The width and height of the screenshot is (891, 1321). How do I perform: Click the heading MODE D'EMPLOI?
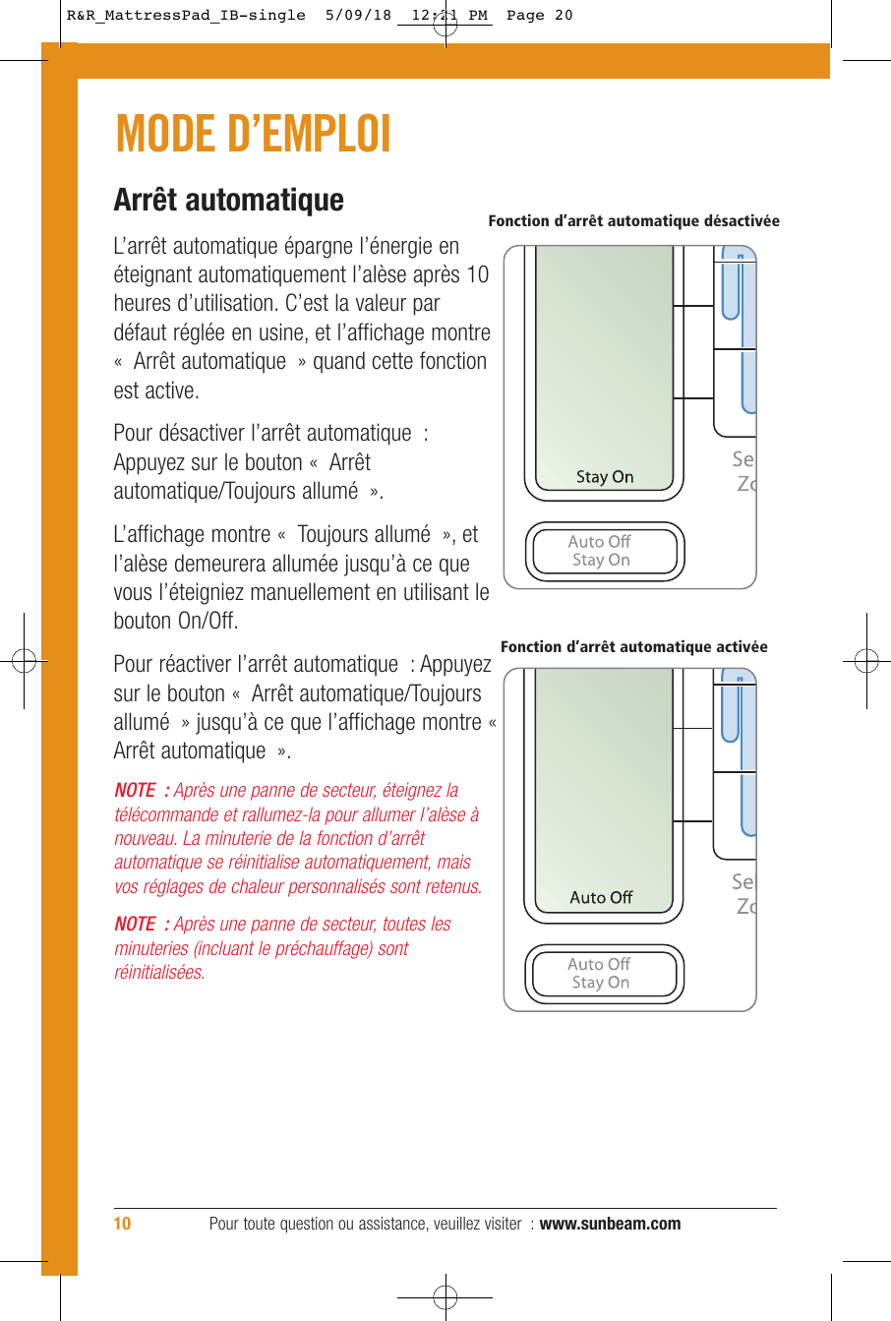point(253,135)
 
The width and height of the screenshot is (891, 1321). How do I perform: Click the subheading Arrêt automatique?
point(228,200)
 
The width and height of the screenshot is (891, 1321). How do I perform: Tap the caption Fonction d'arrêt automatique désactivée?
point(633,221)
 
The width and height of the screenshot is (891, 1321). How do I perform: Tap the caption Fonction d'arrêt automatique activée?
point(633,647)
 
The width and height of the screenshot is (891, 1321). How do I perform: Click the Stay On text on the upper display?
point(605,477)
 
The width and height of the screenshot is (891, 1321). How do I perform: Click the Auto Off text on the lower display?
point(601,897)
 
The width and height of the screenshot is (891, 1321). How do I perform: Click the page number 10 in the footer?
point(122,1224)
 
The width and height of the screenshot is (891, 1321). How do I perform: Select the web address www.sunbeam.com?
point(610,1224)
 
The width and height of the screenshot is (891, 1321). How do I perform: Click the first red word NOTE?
point(135,791)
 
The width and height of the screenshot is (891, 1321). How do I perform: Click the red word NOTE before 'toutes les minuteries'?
point(135,925)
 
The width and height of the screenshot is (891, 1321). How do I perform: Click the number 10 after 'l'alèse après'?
point(477,274)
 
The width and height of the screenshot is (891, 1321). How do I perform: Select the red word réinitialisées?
point(159,973)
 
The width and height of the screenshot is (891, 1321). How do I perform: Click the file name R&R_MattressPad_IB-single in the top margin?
point(186,16)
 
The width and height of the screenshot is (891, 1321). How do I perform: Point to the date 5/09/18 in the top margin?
point(358,16)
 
